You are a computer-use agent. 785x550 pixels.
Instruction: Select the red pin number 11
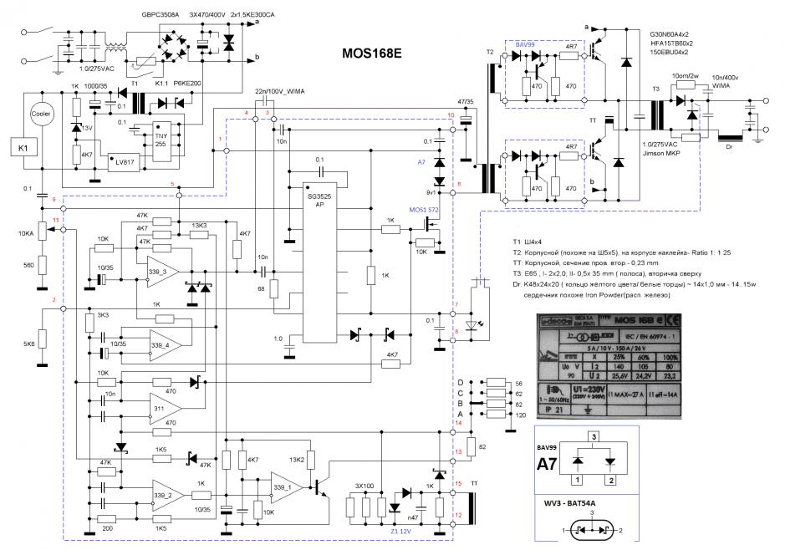pos(55,221)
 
